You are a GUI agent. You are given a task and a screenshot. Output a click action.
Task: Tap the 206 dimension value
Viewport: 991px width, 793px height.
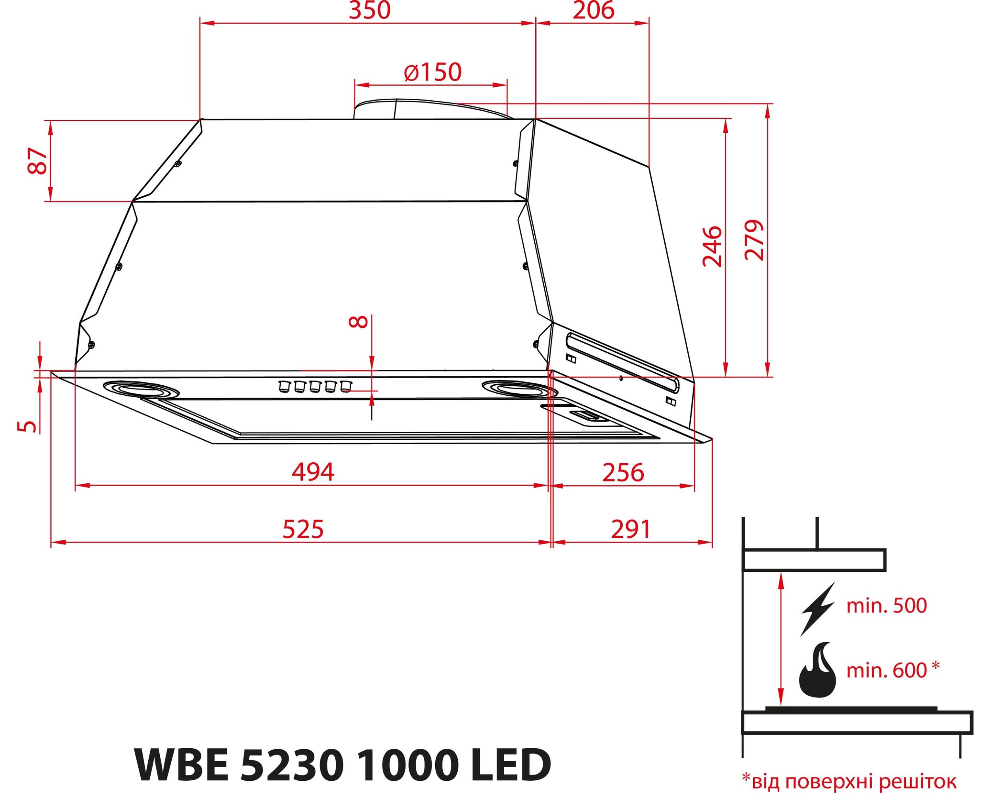pos(593,10)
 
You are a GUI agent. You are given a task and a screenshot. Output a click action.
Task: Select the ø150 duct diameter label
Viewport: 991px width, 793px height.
pos(432,72)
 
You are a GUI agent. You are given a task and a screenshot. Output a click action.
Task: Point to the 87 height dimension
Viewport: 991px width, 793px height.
pos(37,161)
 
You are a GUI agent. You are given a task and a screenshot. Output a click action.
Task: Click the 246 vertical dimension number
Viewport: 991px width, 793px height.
pos(712,246)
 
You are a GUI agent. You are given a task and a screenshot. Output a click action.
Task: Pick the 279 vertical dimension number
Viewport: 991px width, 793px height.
pos(754,240)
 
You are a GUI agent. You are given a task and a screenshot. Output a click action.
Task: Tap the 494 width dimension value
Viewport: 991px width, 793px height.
pos(313,472)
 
